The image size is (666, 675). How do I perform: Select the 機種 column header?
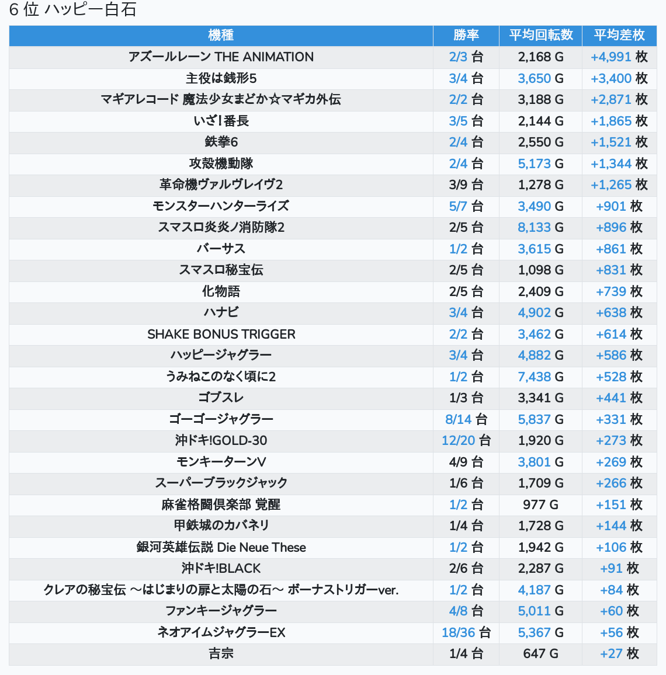click(221, 35)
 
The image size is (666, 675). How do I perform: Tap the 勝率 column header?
click(466, 35)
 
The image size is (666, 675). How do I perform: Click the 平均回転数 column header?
click(540, 35)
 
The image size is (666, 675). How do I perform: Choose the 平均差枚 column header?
click(619, 35)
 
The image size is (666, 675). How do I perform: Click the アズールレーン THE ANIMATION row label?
click(221, 57)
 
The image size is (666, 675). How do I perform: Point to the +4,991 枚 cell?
click(619, 57)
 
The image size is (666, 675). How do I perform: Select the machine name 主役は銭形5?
click(221, 78)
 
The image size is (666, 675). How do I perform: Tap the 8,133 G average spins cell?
click(540, 227)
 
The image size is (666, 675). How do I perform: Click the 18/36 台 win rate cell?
click(466, 632)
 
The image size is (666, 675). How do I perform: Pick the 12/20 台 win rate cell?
click(466, 440)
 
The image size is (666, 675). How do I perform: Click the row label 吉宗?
click(221, 653)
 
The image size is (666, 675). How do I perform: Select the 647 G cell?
click(540, 653)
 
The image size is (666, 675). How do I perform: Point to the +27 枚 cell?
click(619, 653)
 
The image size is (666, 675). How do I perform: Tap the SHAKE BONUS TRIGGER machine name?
click(221, 334)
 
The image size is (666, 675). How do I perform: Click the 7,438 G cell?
click(540, 377)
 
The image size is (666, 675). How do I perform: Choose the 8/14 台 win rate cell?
click(466, 419)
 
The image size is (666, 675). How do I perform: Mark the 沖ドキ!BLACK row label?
click(221, 568)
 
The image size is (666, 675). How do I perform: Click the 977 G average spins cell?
click(540, 504)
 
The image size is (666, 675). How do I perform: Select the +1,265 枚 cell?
click(619, 185)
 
